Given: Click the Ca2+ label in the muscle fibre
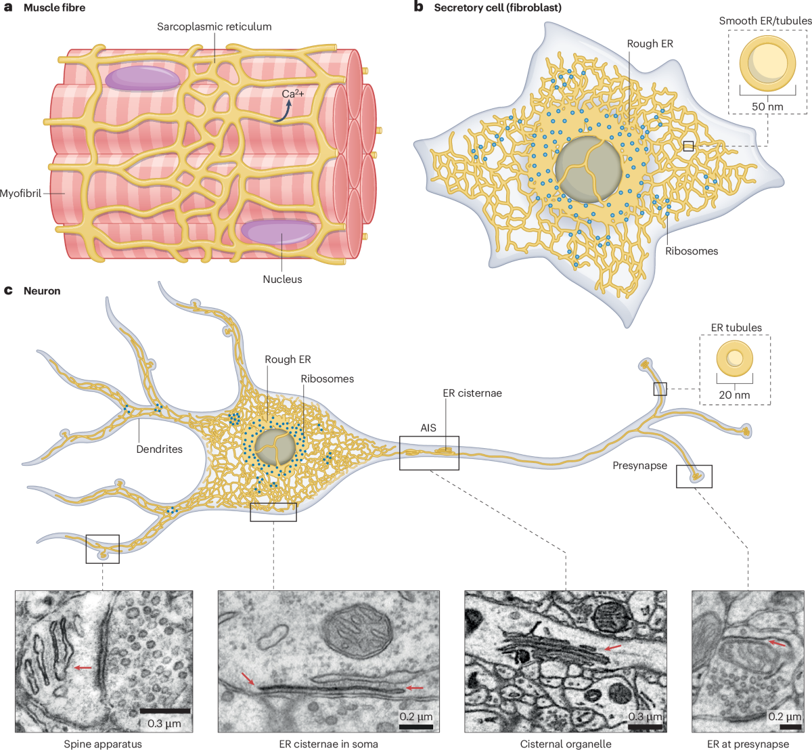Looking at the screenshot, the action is pyautogui.click(x=293, y=94).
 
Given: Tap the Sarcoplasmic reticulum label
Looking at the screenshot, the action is pyautogui.click(x=214, y=27).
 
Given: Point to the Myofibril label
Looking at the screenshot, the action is pyautogui.click(x=21, y=193).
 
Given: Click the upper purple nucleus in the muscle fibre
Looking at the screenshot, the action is pyautogui.click(x=143, y=79).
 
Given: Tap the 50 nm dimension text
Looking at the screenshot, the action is pyautogui.click(x=767, y=106).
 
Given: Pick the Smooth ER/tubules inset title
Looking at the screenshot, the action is pyautogui.click(x=765, y=21).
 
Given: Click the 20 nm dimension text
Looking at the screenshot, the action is pyautogui.click(x=734, y=395).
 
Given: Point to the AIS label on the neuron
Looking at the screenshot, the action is pyautogui.click(x=428, y=428).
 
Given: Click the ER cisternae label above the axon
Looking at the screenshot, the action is pyautogui.click(x=472, y=393).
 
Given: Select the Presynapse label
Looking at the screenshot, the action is pyautogui.click(x=639, y=466).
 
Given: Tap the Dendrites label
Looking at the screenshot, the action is pyautogui.click(x=159, y=449).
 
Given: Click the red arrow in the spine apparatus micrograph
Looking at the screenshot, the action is pyautogui.click(x=83, y=668).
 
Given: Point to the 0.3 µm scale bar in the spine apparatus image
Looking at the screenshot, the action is pyautogui.click(x=164, y=711).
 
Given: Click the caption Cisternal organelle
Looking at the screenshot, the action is pyautogui.click(x=566, y=744).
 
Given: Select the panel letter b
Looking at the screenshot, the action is pyautogui.click(x=419, y=7).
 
